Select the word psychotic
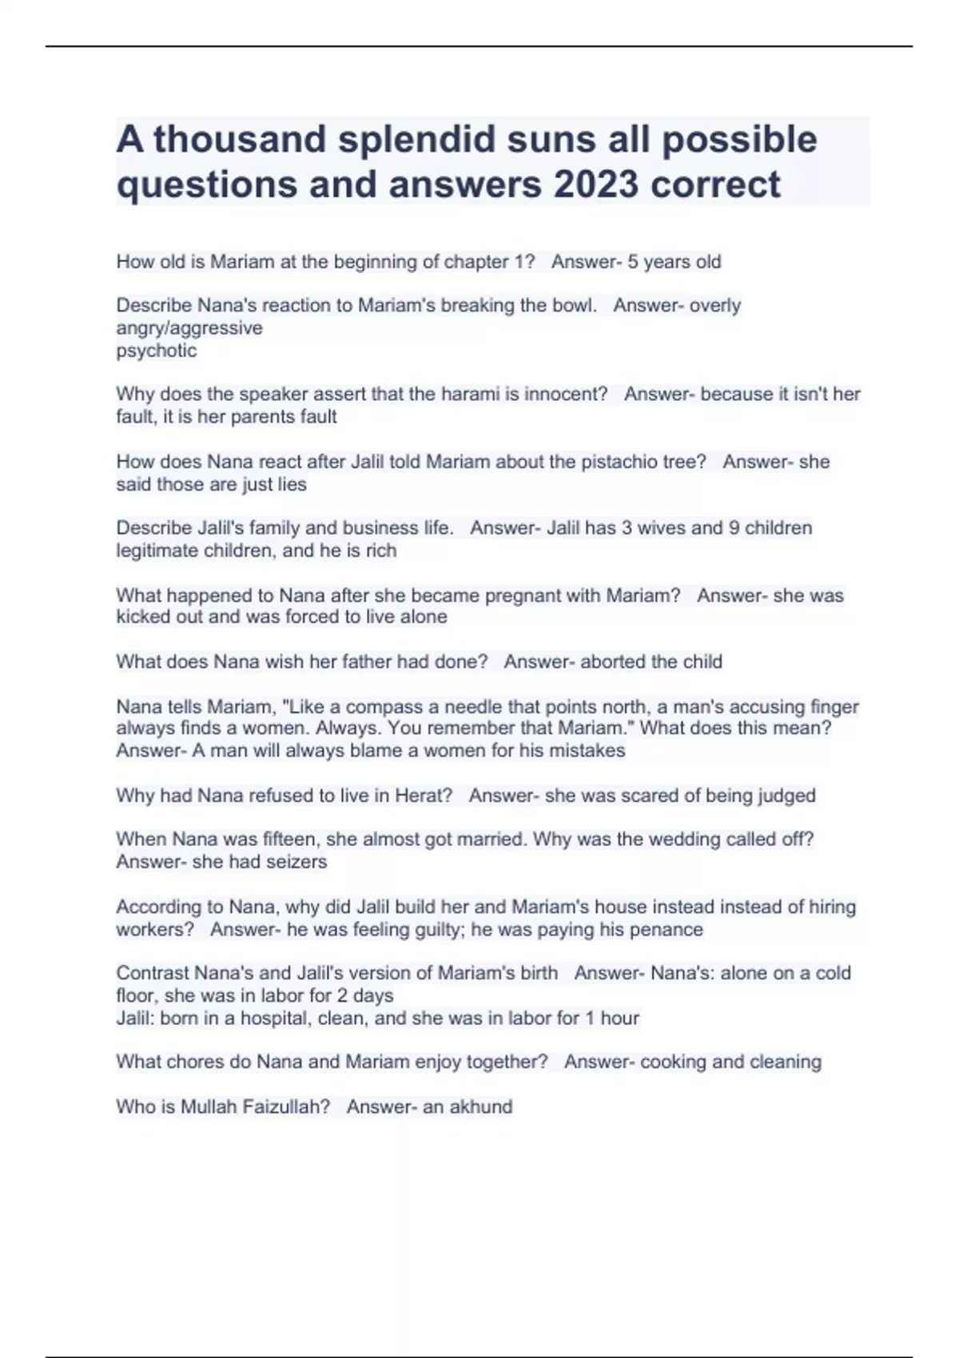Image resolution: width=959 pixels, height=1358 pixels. tap(157, 351)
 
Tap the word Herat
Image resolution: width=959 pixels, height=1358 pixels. tap(424, 796)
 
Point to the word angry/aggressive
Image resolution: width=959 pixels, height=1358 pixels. tap(189, 328)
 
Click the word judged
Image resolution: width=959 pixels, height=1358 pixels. tap(782, 796)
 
